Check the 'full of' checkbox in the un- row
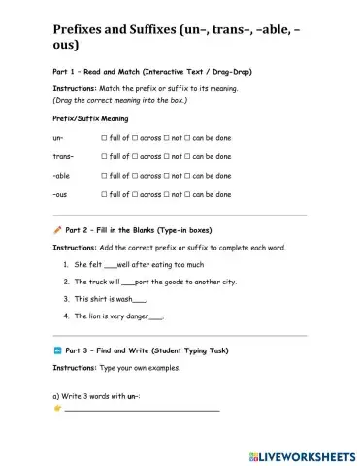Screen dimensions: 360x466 click(x=104, y=139)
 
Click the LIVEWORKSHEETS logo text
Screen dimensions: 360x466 click(x=309, y=454)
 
